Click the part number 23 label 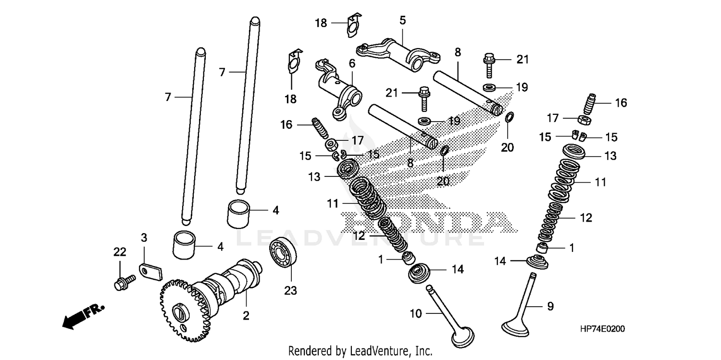290,290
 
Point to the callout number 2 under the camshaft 246,316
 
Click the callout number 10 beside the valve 416,314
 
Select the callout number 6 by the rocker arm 351,63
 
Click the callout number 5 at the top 402,20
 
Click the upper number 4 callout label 275,210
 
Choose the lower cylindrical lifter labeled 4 186,244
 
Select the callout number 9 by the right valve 550,306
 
